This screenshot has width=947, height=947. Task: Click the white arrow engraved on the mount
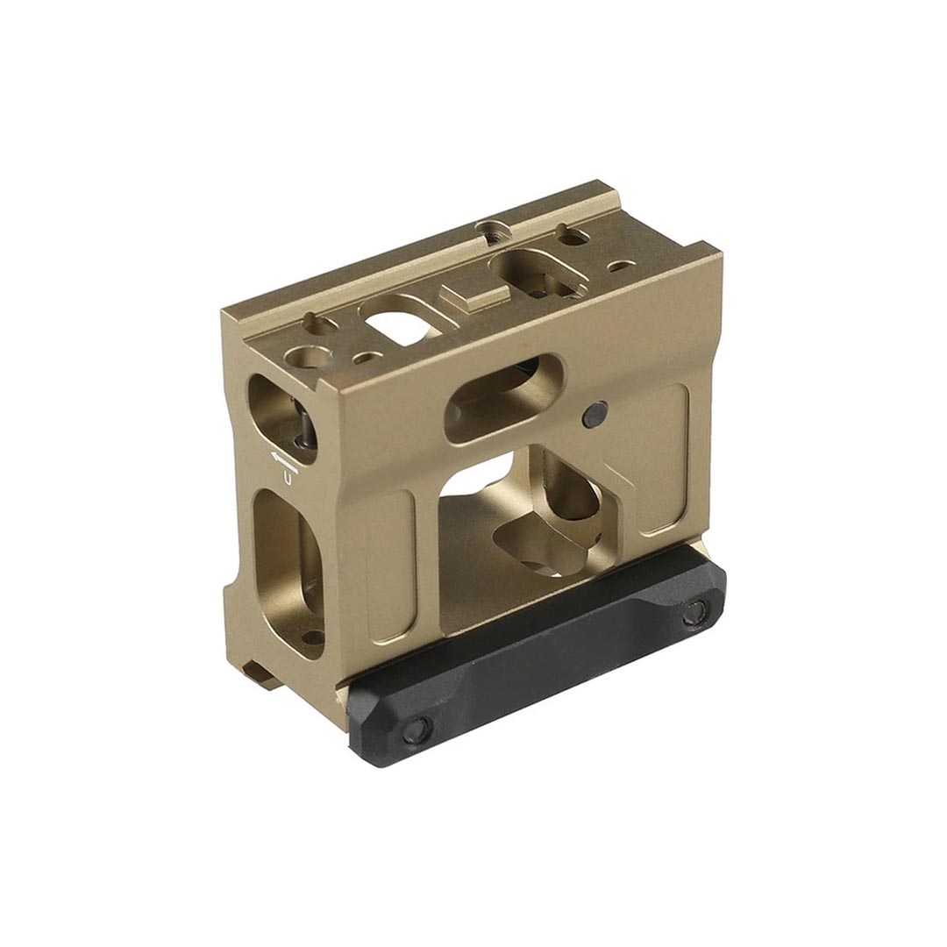[283, 459]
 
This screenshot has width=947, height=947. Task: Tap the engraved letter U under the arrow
[288, 476]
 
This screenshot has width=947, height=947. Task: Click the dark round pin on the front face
[595, 412]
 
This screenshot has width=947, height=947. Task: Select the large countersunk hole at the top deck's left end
[309, 357]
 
